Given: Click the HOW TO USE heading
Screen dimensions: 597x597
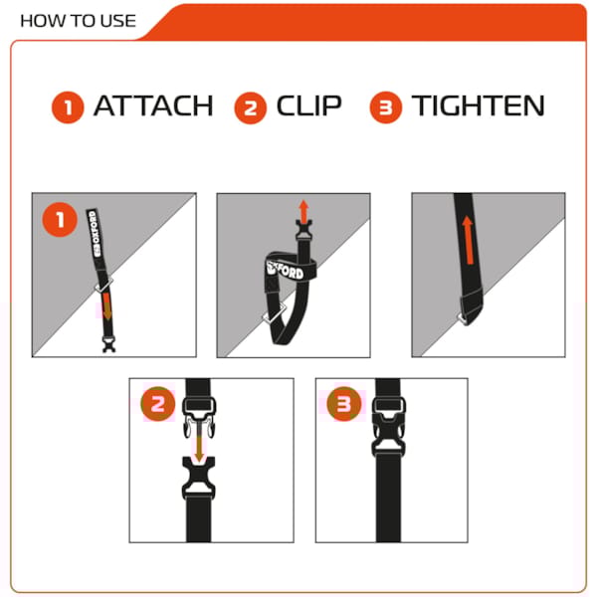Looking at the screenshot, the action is (78, 21).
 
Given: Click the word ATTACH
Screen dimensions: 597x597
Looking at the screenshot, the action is (153, 105).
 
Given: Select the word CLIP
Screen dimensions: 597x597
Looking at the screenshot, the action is (308, 105).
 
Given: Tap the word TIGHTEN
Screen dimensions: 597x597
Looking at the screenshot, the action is (478, 105).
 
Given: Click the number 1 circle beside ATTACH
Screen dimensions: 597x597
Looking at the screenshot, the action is (68, 107).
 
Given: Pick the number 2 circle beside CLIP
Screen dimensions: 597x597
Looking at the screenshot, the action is (250, 107).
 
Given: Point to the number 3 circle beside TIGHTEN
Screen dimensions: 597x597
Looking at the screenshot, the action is (386, 107).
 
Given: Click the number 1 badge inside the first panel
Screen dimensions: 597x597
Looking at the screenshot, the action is (60, 220).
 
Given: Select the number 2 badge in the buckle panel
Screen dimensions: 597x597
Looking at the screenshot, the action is (158, 404).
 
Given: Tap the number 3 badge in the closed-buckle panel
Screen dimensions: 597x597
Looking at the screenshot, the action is (344, 404).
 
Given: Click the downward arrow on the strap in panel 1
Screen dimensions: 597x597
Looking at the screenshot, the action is (107, 306).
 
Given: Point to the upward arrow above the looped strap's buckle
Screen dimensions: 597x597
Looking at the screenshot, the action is (303, 212).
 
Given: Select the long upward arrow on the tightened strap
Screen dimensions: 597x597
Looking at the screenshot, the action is (468, 240).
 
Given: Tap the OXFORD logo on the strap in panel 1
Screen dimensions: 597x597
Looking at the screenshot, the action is (95, 234).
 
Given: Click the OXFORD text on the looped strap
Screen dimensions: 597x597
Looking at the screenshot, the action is (286, 270).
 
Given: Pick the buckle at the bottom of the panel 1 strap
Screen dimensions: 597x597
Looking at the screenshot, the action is (108, 344).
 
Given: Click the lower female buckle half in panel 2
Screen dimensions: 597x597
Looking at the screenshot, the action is (198, 478).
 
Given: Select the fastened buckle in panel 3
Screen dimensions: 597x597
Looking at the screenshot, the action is (388, 427).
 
